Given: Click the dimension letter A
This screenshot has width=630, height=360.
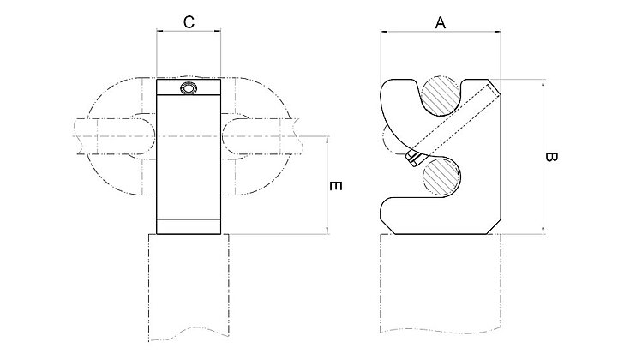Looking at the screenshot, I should point(441,23).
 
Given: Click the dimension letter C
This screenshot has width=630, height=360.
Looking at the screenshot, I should point(189,23).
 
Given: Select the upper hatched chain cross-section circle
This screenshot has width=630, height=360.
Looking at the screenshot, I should point(443,95).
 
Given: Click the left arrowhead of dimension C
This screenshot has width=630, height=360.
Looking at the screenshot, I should point(160,33).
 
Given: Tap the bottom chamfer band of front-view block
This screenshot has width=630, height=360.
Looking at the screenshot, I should point(189,227).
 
